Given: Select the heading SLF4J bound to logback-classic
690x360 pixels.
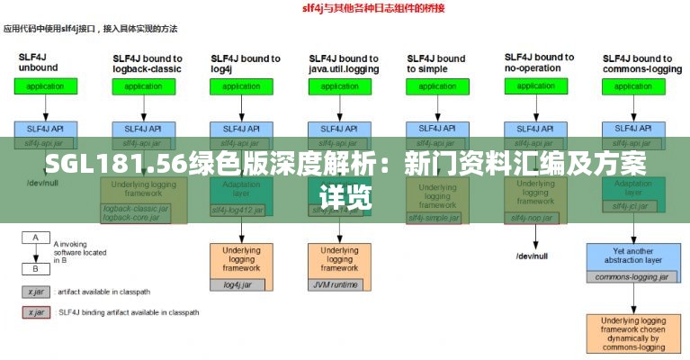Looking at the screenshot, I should coord(147,63).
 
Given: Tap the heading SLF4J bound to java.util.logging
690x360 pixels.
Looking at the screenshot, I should coord(343,63).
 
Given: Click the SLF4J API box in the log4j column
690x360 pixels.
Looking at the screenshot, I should coord(241,129).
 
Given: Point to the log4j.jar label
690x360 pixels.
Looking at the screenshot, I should coord(240,285).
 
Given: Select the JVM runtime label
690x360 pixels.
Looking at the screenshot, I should coord(338,285).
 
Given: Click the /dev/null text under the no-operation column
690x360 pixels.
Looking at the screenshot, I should coord(533,256).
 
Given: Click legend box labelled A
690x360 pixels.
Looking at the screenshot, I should coord(36,238).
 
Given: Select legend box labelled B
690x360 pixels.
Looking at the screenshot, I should coord(36,268).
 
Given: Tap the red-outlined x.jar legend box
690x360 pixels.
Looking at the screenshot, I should coord(36,312).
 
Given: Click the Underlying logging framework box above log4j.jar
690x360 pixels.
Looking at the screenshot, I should coord(240,260).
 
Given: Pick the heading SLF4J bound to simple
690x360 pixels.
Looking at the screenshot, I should coord(436,63).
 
